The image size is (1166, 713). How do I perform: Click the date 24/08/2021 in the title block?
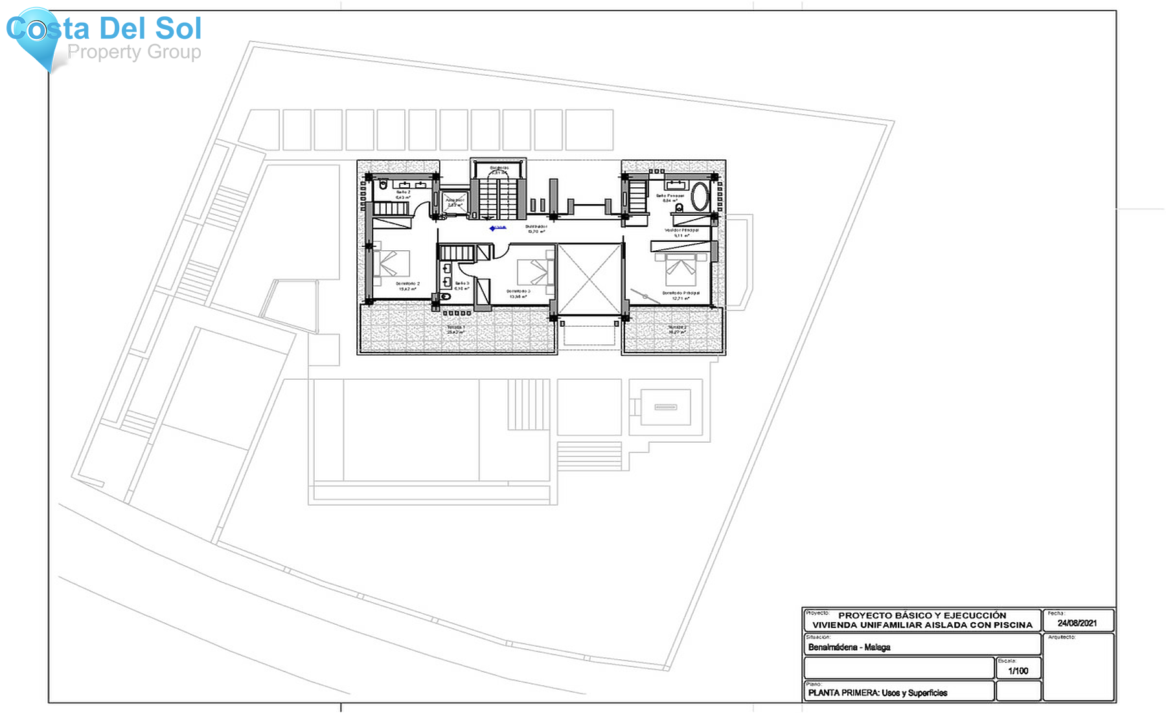(x=1077, y=623)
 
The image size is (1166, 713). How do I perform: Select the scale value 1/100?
(x=1018, y=671)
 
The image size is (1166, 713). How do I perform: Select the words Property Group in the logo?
(x=134, y=52)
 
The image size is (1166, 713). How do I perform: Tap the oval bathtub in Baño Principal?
(x=699, y=196)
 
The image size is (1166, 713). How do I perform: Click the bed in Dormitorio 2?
(x=392, y=263)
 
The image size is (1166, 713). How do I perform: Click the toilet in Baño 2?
(x=383, y=185)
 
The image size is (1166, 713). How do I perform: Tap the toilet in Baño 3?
(x=445, y=297)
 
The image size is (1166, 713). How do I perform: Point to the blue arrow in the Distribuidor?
(x=496, y=228)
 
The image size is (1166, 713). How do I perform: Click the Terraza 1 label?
(x=456, y=327)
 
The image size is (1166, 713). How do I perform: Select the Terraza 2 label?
(x=678, y=328)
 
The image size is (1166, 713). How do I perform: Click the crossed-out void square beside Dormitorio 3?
(x=589, y=279)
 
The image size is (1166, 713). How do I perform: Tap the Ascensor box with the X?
(x=455, y=202)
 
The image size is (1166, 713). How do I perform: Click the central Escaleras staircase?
(x=497, y=194)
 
